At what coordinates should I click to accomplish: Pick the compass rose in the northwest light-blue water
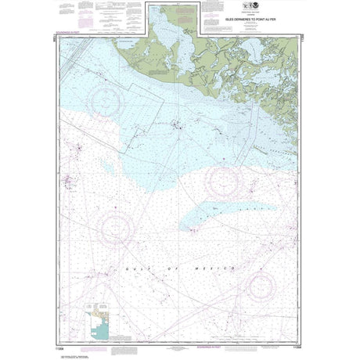(107, 100)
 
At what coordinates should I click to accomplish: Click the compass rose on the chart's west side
(116, 228)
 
